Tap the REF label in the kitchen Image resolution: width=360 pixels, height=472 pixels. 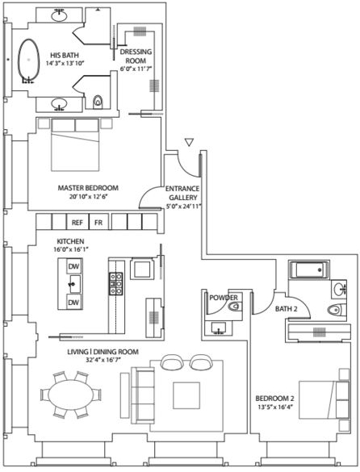[x=77, y=223]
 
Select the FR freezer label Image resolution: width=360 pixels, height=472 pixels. [x=98, y=223]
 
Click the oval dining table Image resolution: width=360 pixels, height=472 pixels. [x=71, y=395]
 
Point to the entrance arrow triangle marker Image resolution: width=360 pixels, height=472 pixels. [x=189, y=142]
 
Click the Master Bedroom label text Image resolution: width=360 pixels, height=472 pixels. [x=88, y=188]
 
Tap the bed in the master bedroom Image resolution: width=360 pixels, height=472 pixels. [x=75, y=145]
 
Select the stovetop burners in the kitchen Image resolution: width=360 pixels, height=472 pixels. [x=116, y=283]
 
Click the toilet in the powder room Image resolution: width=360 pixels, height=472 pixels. [x=234, y=307]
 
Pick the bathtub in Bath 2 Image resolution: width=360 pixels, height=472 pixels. [x=309, y=269]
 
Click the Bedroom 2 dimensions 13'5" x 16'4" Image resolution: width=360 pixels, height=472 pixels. [x=274, y=407]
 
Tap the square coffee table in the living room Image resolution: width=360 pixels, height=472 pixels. [x=186, y=395]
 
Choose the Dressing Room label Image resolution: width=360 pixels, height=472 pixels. [x=136, y=56]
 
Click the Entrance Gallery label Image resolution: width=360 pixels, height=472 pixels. [x=182, y=193]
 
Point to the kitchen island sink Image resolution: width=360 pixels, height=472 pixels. [x=75, y=284]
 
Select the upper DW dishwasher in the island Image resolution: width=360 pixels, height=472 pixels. [x=73, y=266]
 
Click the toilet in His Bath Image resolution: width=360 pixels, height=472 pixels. [x=98, y=101]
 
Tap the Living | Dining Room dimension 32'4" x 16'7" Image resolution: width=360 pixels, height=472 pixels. [x=103, y=360]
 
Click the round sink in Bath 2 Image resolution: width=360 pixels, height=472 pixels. [x=339, y=290]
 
